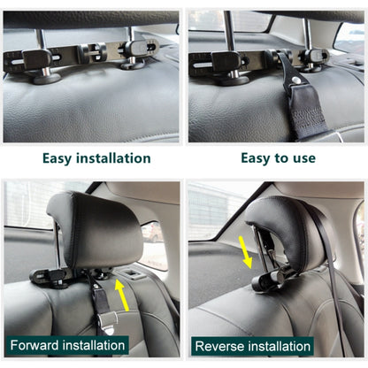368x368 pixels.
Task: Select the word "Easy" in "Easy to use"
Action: [x=261, y=158]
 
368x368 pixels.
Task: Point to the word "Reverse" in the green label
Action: [x=221, y=346]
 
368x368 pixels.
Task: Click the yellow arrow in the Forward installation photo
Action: [x=118, y=293]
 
